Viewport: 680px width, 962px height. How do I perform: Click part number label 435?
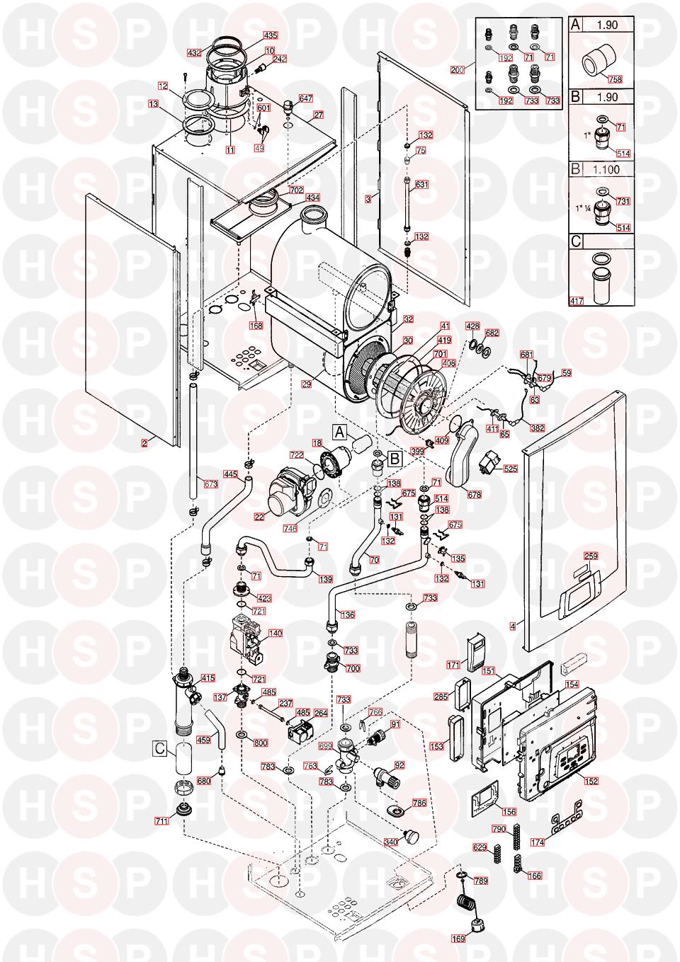click(271, 35)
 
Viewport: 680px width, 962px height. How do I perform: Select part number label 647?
click(305, 98)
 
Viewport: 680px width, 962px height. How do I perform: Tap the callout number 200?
click(457, 69)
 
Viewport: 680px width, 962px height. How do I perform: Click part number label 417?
click(577, 301)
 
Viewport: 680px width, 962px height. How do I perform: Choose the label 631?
click(422, 185)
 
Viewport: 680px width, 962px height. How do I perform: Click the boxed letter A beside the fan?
click(339, 430)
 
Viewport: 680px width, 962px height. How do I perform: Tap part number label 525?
click(511, 469)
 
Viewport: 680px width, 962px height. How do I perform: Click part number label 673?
click(211, 484)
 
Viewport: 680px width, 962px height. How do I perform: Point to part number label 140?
click(275, 634)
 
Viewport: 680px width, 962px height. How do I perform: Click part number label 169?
click(459, 939)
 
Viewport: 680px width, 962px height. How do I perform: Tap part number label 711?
click(161, 821)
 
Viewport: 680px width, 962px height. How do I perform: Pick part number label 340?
click(390, 842)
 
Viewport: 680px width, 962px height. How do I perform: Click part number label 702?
click(295, 190)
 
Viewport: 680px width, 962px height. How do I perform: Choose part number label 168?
click(256, 326)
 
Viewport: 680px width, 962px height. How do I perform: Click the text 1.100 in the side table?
click(603, 169)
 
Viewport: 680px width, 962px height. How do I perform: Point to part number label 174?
click(558, 842)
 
